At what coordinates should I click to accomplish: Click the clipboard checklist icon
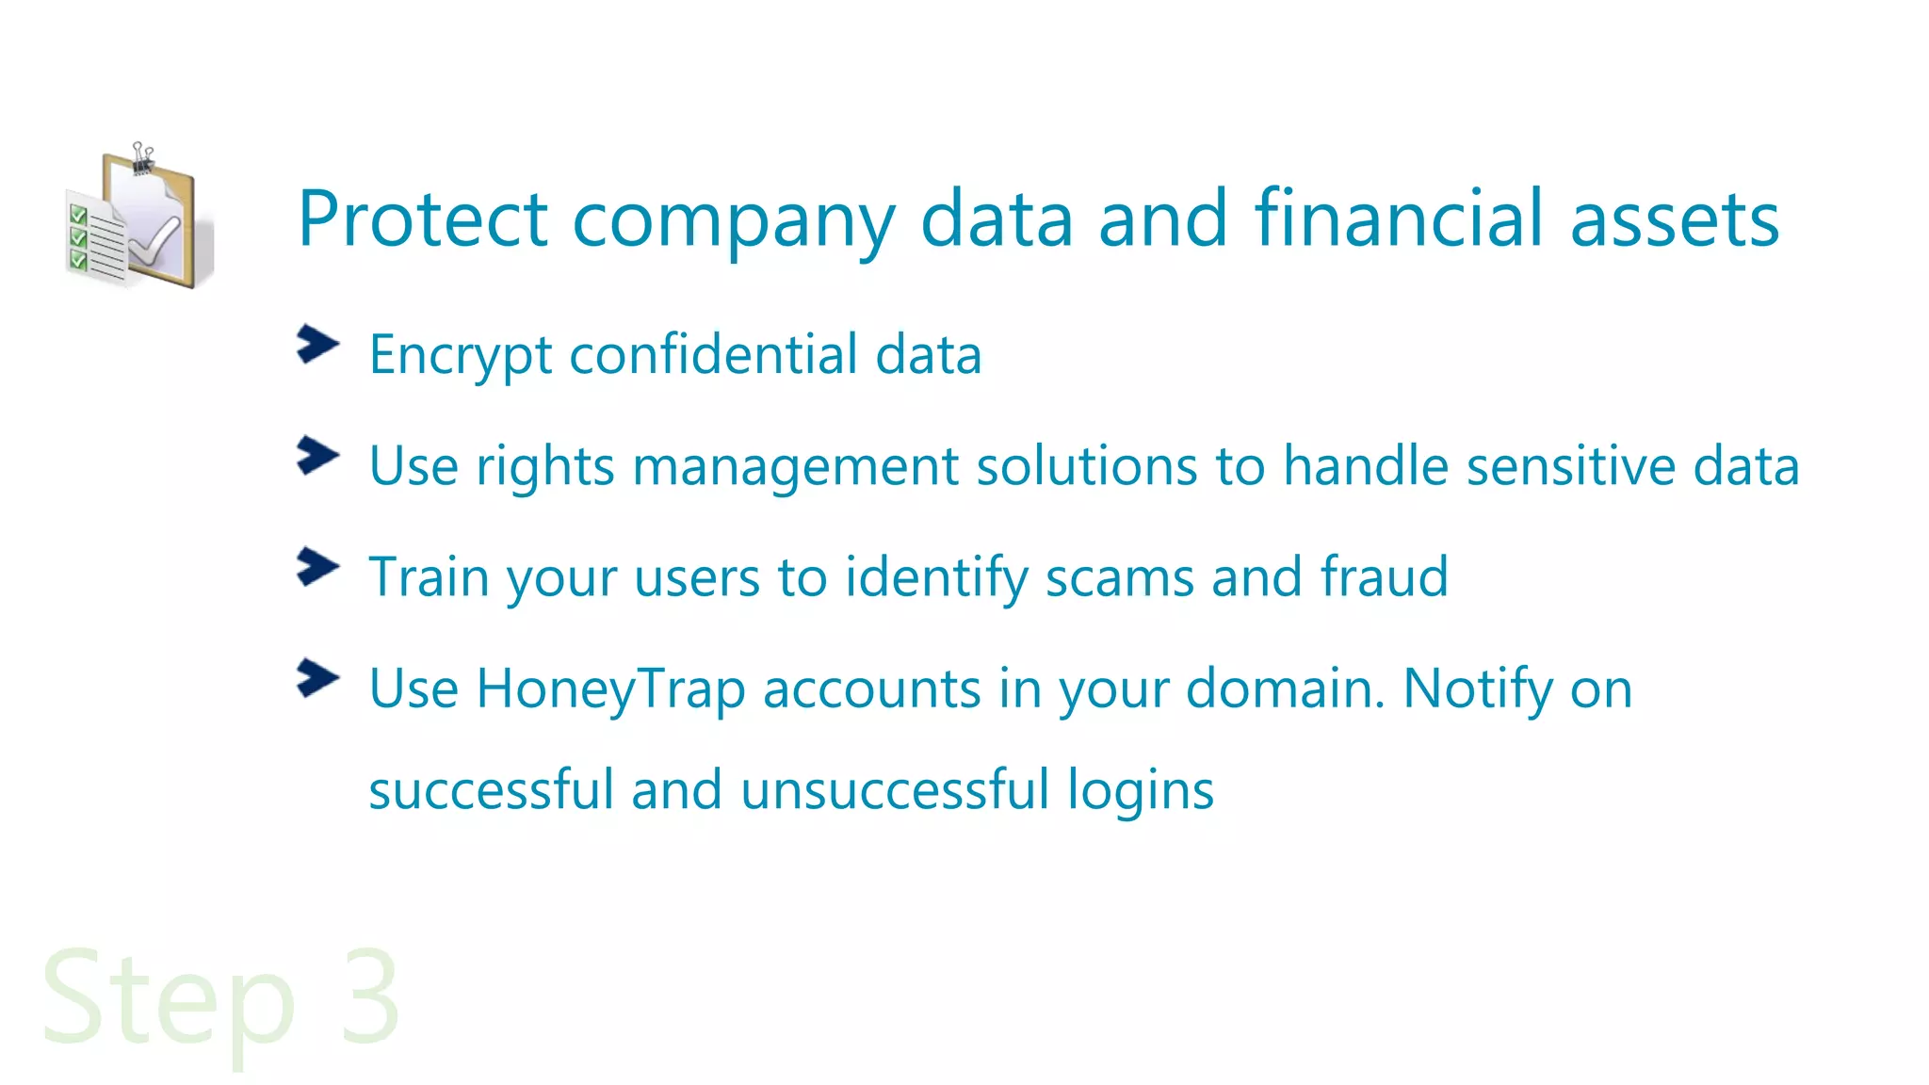pos(139,219)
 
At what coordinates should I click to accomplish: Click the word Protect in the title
pos(423,219)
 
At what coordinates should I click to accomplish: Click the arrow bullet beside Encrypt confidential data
pos(317,345)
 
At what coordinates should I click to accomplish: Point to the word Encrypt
pos(461,356)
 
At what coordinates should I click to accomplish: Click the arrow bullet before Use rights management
pos(317,456)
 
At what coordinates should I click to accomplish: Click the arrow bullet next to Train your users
pos(317,567)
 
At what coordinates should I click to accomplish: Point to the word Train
pos(429,576)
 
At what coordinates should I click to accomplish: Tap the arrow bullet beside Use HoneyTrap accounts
pos(317,678)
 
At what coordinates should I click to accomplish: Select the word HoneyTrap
pos(610,689)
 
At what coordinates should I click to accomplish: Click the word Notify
pos(1478,689)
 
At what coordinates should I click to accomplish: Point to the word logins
pos(1140,791)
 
